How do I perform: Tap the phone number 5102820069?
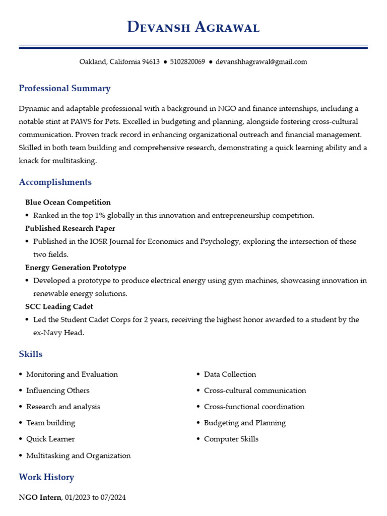pyautogui.click(x=187, y=62)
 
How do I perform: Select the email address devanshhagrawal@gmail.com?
pyautogui.click(x=261, y=62)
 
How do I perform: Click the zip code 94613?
pyautogui.click(x=151, y=62)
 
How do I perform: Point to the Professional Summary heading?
pyautogui.click(x=64, y=89)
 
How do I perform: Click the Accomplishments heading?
pyautogui.click(x=55, y=182)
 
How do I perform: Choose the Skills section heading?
pyautogui.click(x=31, y=354)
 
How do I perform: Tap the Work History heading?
pyautogui.click(x=46, y=477)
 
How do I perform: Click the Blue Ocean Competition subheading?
pyautogui.click(x=68, y=203)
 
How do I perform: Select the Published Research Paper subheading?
pyautogui.click(x=70, y=229)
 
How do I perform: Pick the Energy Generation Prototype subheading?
pyautogui.click(x=76, y=268)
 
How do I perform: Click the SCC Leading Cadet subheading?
pyautogui.click(x=59, y=306)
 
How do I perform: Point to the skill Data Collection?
pyautogui.click(x=230, y=374)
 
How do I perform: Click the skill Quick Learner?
pyautogui.click(x=50, y=439)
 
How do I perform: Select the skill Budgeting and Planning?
pyautogui.click(x=244, y=423)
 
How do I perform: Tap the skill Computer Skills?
pyautogui.click(x=231, y=439)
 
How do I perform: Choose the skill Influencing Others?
pyautogui.click(x=58, y=391)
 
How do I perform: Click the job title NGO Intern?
pyautogui.click(x=40, y=497)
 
